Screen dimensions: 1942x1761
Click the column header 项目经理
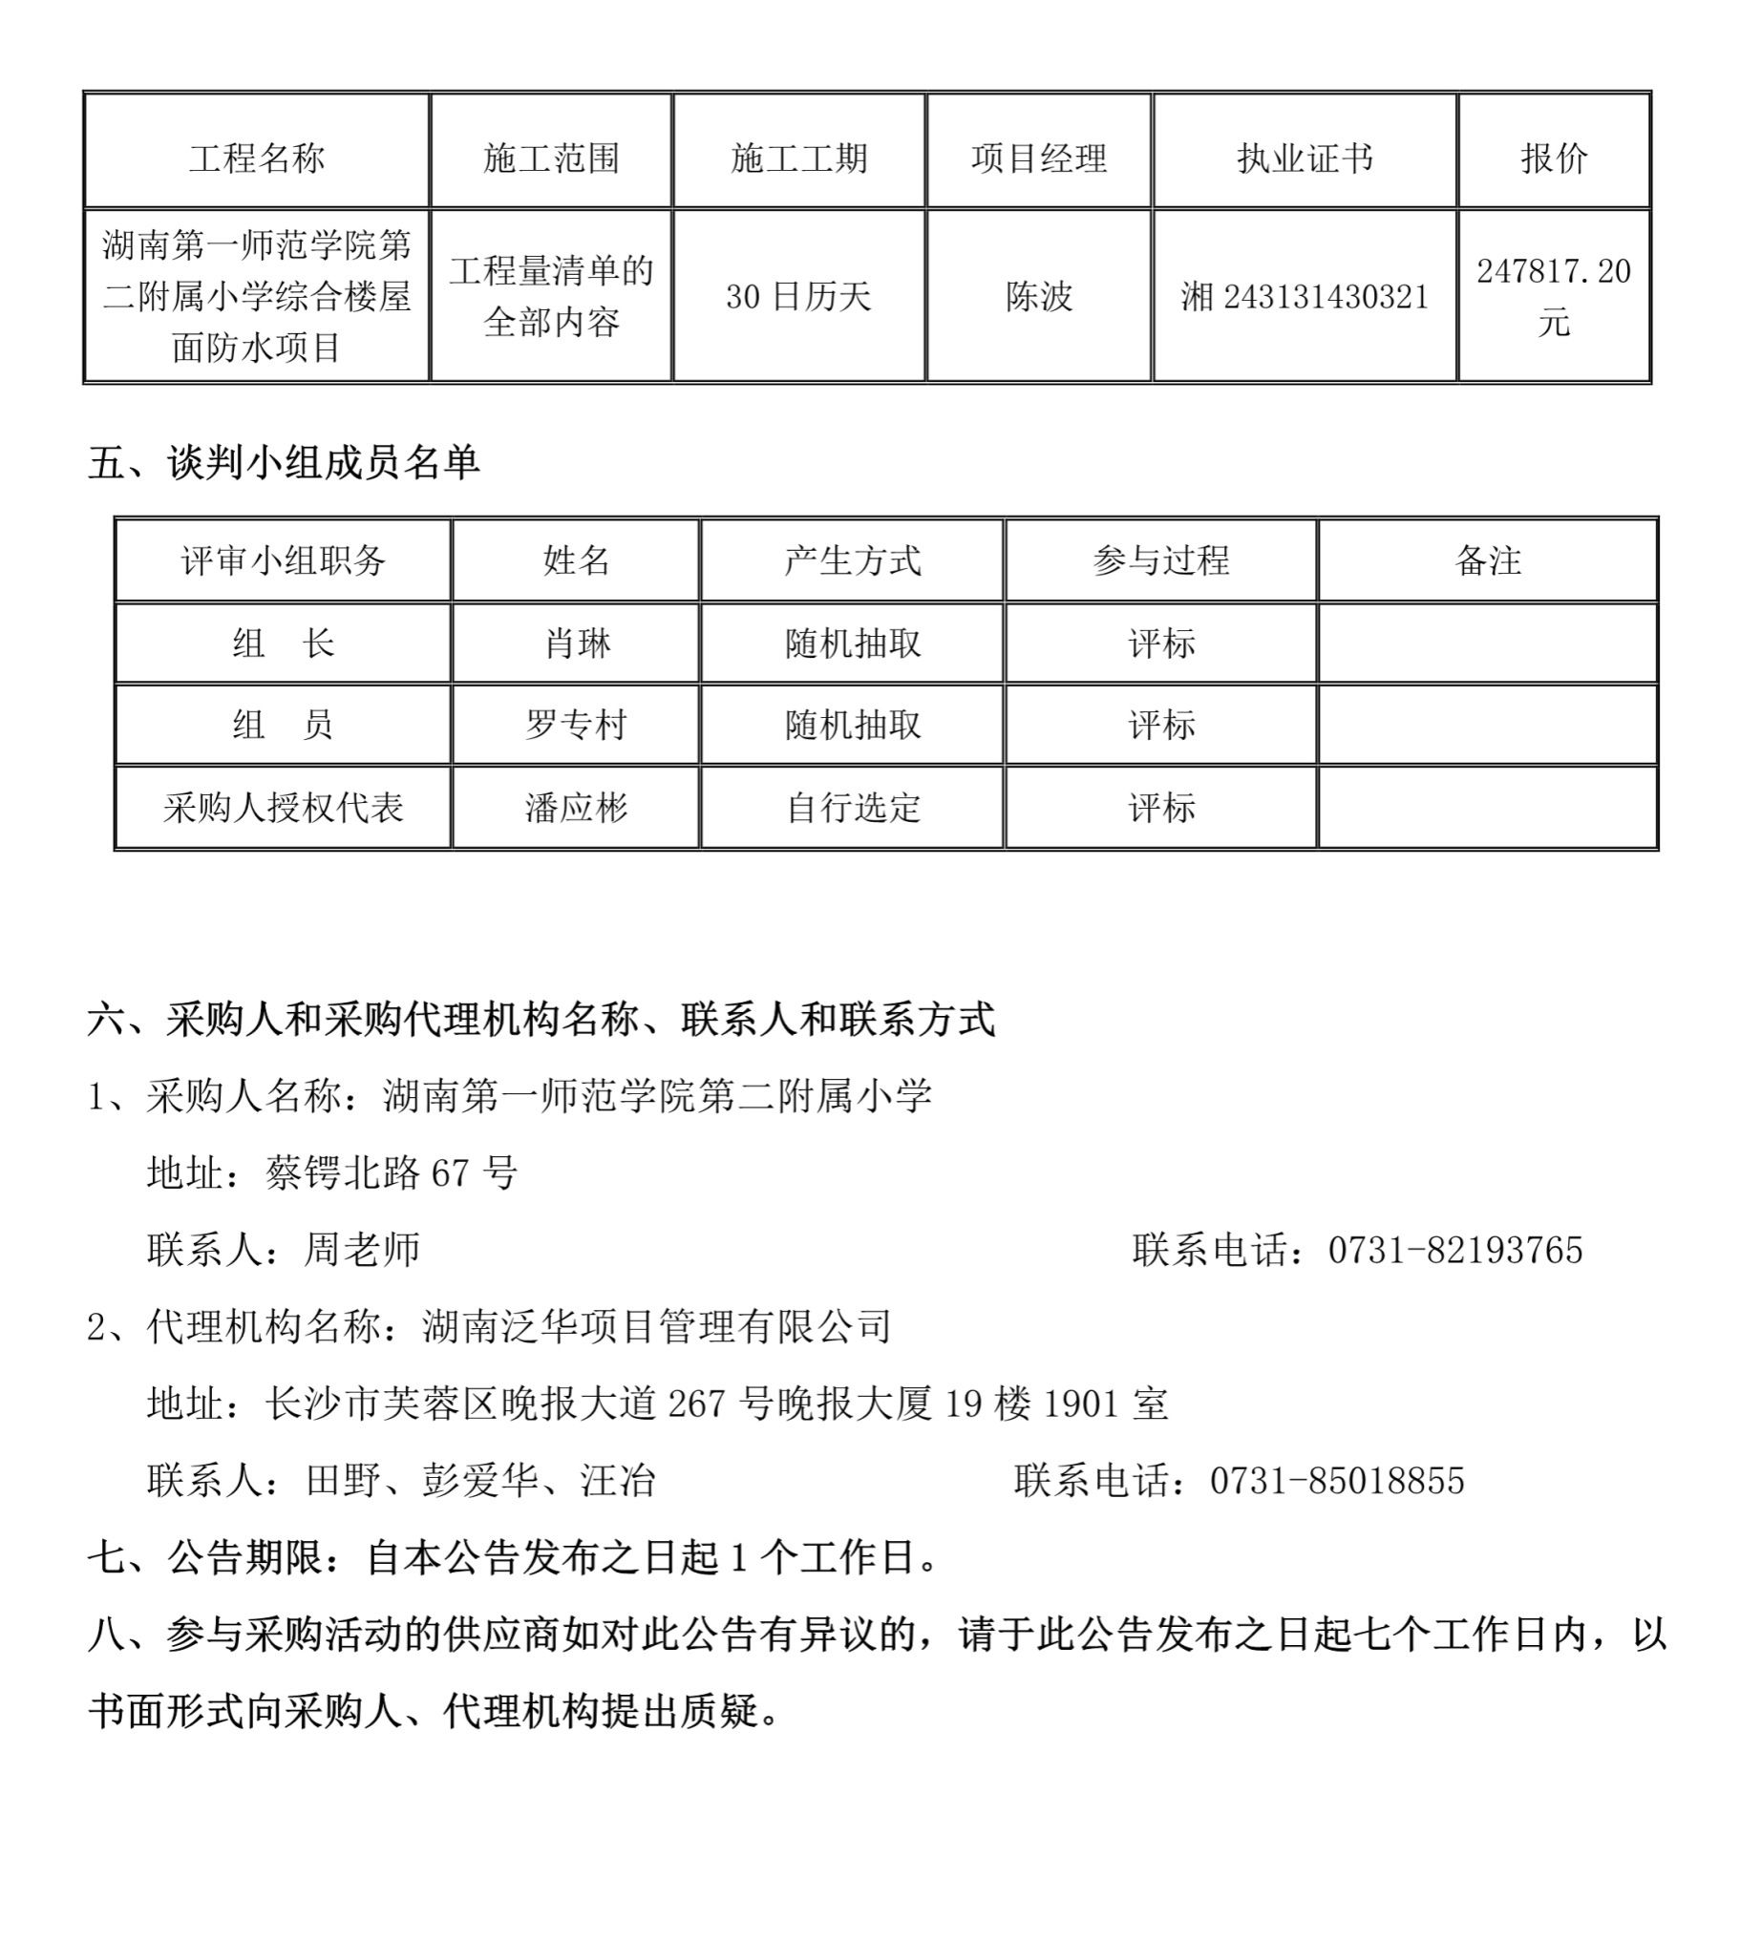(x=1038, y=158)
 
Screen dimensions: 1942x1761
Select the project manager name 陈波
(x=1038, y=296)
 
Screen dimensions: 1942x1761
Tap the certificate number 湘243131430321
(x=1305, y=296)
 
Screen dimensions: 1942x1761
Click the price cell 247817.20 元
(x=1553, y=296)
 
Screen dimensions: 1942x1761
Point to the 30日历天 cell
(x=797, y=296)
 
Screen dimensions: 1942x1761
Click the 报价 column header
(x=1553, y=158)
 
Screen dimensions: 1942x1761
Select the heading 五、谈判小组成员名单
(x=285, y=463)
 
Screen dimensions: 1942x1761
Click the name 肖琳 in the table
(x=576, y=644)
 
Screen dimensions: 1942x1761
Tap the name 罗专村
(x=576, y=725)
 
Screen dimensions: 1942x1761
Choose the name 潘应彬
(x=576, y=807)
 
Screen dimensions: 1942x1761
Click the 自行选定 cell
(x=853, y=807)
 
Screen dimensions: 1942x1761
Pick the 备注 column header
(x=1488, y=560)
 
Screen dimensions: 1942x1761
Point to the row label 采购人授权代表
(x=284, y=807)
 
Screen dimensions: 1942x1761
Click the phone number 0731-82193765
(x=1454, y=1251)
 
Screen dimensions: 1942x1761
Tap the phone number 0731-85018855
(x=1337, y=1481)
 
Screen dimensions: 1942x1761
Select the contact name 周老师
(x=362, y=1251)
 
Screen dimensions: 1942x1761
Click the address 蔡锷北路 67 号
(x=392, y=1173)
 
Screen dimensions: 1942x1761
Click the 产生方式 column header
(x=853, y=560)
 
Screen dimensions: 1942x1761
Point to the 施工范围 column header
(x=551, y=158)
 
